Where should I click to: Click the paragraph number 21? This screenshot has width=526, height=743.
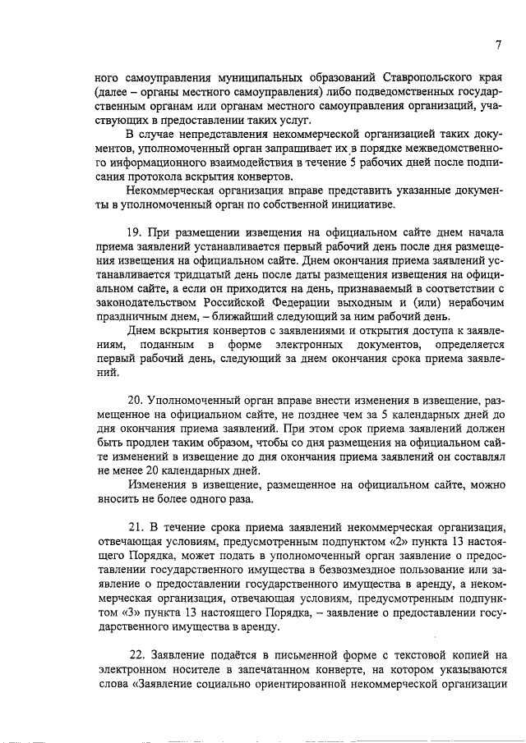[x=138, y=525]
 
